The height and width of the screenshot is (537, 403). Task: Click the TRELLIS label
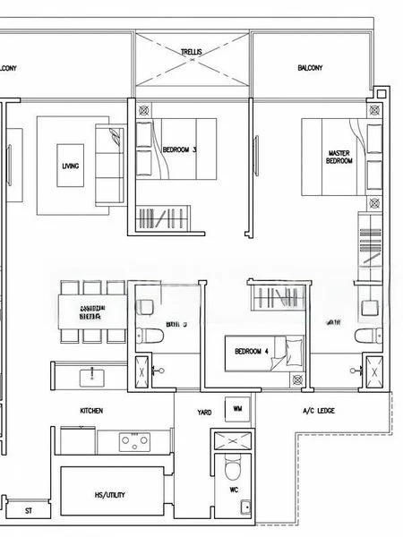(x=192, y=53)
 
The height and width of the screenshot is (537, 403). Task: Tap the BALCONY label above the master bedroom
(x=310, y=68)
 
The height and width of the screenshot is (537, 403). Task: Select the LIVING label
(x=70, y=166)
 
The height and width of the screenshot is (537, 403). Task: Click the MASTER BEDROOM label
(x=339, y=158)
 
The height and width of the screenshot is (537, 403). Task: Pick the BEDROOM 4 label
(x=247, y=351)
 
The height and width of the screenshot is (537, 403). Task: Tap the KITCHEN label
(x=91, y=410)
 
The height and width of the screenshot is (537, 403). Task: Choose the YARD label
(x=205, y=412)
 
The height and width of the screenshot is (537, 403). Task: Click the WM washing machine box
(x=237, y=409)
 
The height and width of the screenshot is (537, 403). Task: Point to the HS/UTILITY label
(x=111, y=495)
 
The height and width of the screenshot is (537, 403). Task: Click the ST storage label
(x=29, y=511)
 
